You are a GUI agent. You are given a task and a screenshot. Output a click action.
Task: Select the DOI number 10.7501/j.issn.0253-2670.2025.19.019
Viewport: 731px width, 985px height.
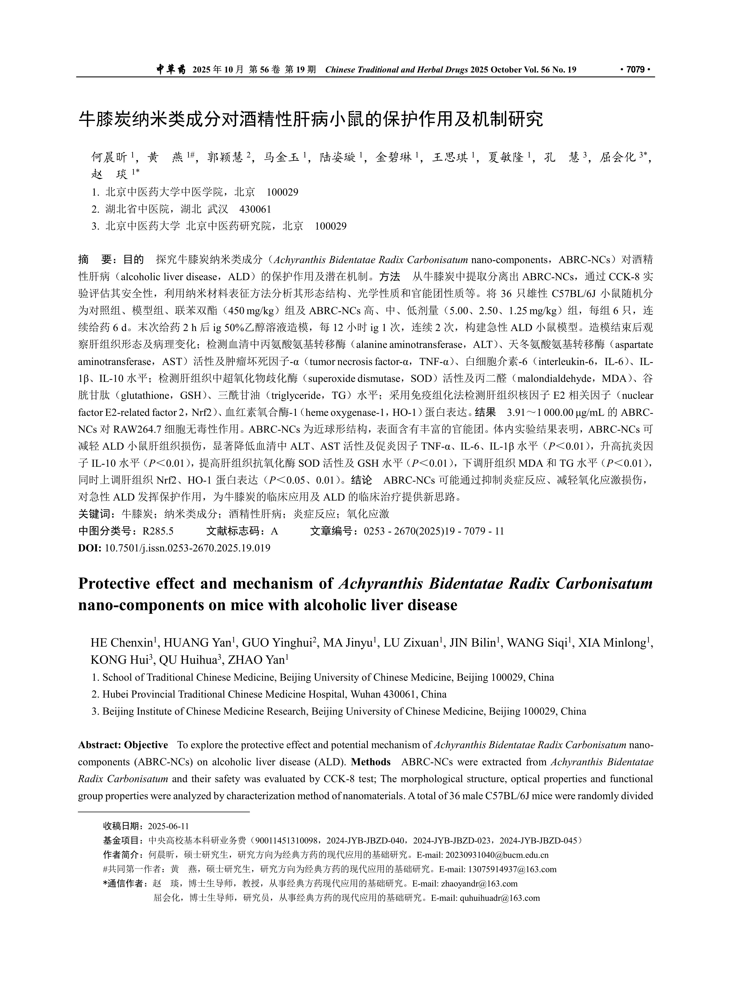click(x=187, y=548)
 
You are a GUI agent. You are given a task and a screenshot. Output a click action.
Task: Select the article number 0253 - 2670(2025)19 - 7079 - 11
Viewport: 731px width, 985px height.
click(x=434, y=531)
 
